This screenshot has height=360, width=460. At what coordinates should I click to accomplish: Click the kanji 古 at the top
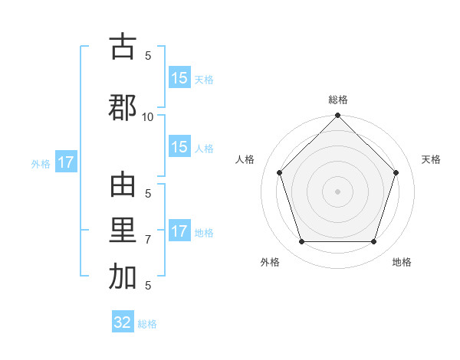point(123,47)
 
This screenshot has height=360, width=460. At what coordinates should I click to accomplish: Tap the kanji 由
point(123,186)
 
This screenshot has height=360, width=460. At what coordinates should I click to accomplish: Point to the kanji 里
point(123,232)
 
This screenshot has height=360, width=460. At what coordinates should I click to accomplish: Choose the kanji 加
point(123,278)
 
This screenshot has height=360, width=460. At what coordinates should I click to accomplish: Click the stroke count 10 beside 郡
point(148,116)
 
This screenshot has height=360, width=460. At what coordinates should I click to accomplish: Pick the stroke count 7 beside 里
point(148,240)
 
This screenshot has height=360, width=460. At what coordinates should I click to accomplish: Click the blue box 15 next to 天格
point(179,78)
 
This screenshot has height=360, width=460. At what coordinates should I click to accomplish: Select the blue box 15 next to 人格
point(179,148)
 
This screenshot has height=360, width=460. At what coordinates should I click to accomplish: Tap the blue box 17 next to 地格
point(179,232)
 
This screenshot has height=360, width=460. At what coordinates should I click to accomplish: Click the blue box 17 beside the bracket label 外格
point(65,162)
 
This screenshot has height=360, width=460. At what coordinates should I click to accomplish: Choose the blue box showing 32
point(123,322)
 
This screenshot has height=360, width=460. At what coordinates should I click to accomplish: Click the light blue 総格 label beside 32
point(147,324)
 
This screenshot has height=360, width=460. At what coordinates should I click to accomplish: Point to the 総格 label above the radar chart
point(338,100)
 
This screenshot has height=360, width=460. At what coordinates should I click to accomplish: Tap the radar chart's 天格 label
point(431,159)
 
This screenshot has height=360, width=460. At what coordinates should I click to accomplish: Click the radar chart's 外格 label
point(270,262)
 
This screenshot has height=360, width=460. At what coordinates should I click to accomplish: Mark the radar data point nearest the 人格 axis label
point(279,173)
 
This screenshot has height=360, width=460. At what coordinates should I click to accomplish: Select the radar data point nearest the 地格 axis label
point(373,241)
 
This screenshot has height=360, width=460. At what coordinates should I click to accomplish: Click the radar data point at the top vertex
point(337,116)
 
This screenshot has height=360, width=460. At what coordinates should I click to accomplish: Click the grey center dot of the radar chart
point(337,191)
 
